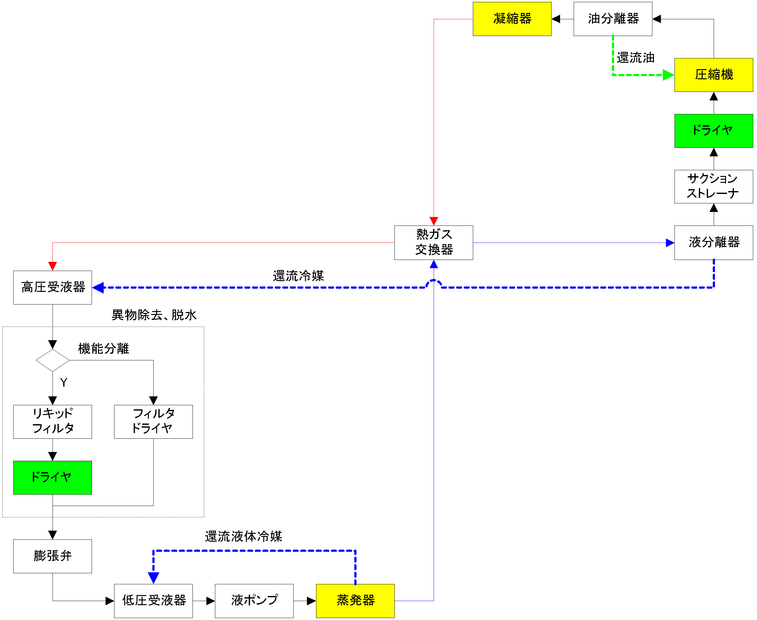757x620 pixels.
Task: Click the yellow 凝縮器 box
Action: click(x=511, y=19)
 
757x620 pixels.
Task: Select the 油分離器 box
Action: click(x=612, y=19)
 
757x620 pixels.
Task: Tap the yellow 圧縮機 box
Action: click(x=713, y=75)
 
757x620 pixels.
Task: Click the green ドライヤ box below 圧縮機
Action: click(x=713, y=131)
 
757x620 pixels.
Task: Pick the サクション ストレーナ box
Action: click(x=713, y=186)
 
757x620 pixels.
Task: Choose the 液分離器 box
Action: click(x=713, y=243)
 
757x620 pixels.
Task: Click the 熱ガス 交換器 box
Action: click(x=433, y=243)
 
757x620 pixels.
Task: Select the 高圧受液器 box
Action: click(x=52, y=287)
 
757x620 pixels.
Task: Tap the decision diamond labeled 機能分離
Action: click(x=52, y=360)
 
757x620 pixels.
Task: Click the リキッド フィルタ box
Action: click(x=52, y=421)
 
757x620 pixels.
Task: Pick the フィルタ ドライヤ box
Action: click(x=153, y=421)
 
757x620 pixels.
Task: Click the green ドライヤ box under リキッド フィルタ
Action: click(x=52, y=478)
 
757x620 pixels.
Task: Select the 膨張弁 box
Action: click(x=52, y=556)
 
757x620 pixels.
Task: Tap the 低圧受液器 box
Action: click(x=153, y=601)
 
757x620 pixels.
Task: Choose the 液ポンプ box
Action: click(x=254, y=601)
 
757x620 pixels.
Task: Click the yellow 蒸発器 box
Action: click(x=355, y=601)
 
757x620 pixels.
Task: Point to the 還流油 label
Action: click(x=635, y=58)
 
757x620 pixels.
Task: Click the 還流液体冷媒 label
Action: click(x=243, y=536)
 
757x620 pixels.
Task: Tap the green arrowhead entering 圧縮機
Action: click(x=668, y=75)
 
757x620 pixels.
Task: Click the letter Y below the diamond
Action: click(x=64, y=383)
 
